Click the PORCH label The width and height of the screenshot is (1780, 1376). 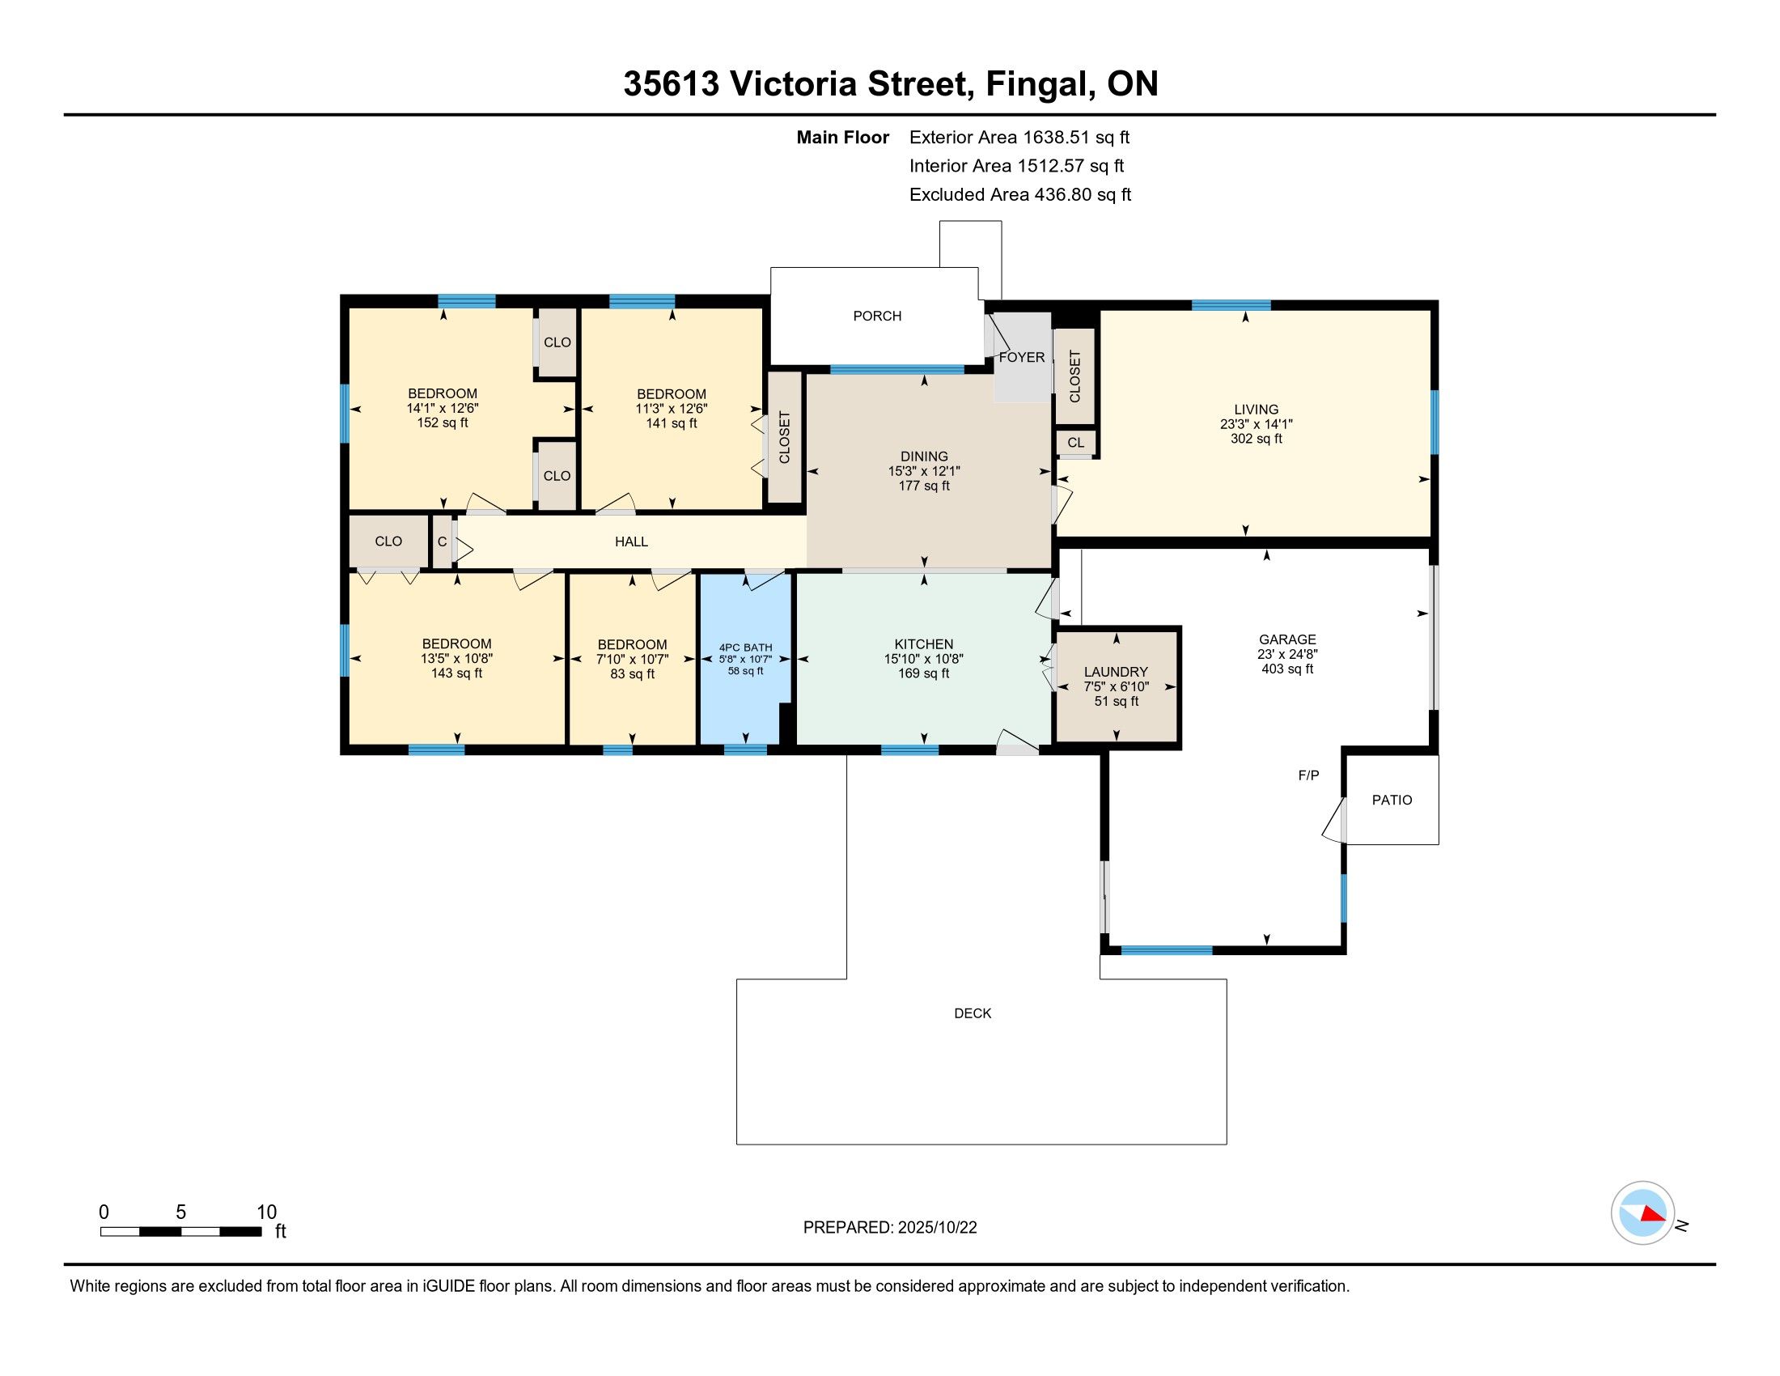pos(877,316)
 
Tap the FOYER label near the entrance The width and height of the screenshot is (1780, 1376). pos(1021,357)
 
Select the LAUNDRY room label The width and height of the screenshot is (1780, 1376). pos(1116,672)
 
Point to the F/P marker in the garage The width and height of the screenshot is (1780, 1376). pos(1308,776)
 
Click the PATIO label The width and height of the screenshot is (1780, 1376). pos(1392,801)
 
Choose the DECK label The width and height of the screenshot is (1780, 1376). pos(973,1013)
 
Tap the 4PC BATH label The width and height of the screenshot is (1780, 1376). pos(745,648)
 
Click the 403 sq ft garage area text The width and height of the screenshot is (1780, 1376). pos(1287,669)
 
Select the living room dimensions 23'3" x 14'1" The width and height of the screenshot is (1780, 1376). pos(1256,424)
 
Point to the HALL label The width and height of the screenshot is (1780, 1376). pos(632,541)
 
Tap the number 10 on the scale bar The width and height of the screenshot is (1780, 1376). pos(266,1212)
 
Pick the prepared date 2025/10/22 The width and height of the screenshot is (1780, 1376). pos(936,1228)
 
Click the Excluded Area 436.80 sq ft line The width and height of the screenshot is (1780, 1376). pos(1020,195)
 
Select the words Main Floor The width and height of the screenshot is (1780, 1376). pos(843,138)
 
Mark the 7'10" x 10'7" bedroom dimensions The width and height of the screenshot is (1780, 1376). pos(633,659)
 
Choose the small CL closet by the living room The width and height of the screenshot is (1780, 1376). pos(1076,443)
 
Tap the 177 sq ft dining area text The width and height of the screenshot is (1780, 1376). pos(924,486)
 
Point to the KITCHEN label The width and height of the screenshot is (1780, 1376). pos(923,644)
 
